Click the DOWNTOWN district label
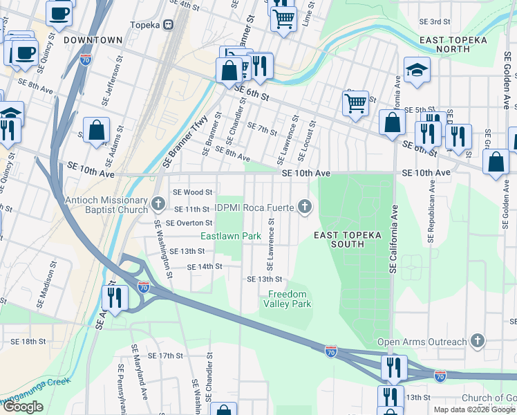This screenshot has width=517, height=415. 93,40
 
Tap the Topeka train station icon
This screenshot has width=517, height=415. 167,25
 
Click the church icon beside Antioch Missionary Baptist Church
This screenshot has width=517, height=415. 158,204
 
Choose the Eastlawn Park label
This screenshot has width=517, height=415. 231,236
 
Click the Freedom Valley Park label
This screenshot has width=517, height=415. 290,299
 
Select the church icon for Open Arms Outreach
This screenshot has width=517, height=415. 476,341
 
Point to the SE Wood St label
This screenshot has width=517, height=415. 191,192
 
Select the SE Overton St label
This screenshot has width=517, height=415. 184,223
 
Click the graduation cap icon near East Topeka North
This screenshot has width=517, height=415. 417,71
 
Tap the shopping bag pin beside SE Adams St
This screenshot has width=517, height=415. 97,130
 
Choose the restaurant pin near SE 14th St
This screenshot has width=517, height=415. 115,298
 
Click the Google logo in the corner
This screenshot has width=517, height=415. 23,407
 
